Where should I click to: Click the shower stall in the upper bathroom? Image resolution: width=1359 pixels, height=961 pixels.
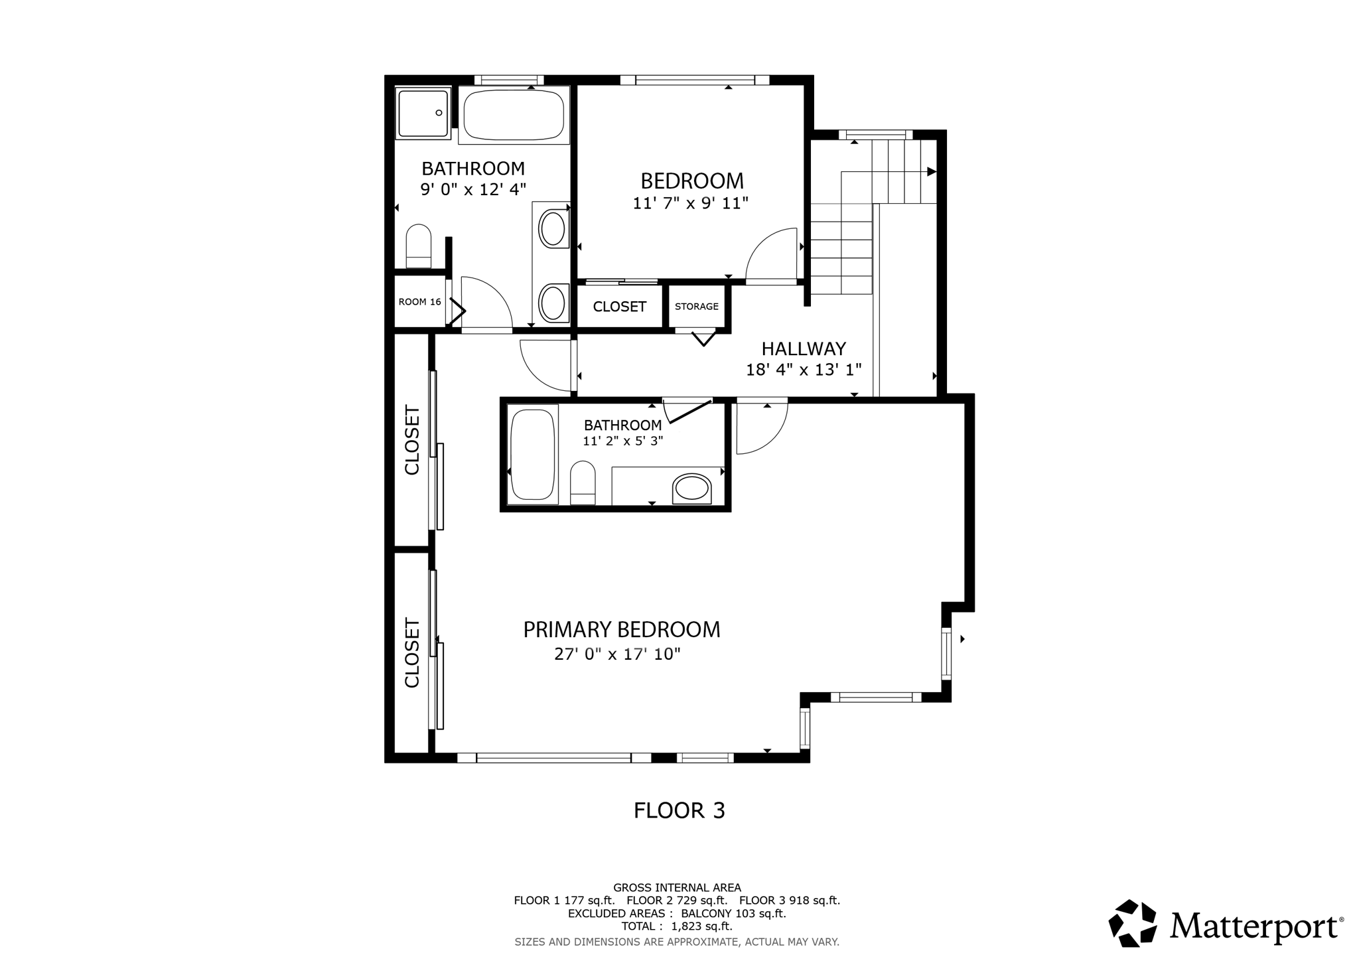pyautogui.click(x=423, y=113)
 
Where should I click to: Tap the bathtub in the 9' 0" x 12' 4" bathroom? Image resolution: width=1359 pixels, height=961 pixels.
pyautogui.click(x=514, y=114)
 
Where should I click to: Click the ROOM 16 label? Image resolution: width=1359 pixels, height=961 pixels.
pyautogui.click(x=419, y=302)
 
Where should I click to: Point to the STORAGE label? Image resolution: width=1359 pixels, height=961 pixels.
pyautogui.click(x=697, y=307)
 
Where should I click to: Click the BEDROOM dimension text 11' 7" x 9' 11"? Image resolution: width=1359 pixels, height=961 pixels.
pyautogui.click(x=690, y=203)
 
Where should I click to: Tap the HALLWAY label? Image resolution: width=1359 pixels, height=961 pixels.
pyautogui.click(x=804, y=348)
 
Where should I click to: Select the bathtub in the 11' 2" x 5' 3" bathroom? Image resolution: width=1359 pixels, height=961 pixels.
pyautogui.click(x=532, y=455)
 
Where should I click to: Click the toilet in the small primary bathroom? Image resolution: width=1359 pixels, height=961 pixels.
pyautogui.click(x=583, y=482)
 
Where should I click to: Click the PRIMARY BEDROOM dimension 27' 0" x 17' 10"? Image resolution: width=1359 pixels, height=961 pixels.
pyautogui.click(x=617, y=654)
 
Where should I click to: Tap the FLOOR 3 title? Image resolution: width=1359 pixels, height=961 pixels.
pyautogui.click(x=679, y=810)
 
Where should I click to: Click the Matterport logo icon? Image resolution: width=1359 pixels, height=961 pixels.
pyautogui.click(x=1133, y=923)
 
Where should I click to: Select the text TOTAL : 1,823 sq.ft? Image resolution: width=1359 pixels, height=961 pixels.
pyautogui.click(x=676, y=926)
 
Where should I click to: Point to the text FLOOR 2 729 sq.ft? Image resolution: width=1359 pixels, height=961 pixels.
pyautogui.click(x=676, y=901)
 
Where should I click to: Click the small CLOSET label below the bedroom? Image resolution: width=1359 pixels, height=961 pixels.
pyautogui.click(x=619, y=307)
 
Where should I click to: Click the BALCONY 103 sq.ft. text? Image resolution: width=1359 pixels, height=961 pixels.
pyautogui.click(x=733, y=914)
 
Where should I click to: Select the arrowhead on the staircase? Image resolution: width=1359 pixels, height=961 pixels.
pyautogui.click(x=931, y=172)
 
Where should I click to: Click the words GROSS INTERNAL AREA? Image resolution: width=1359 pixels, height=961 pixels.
pyautogui.click(x=677, y=887)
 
